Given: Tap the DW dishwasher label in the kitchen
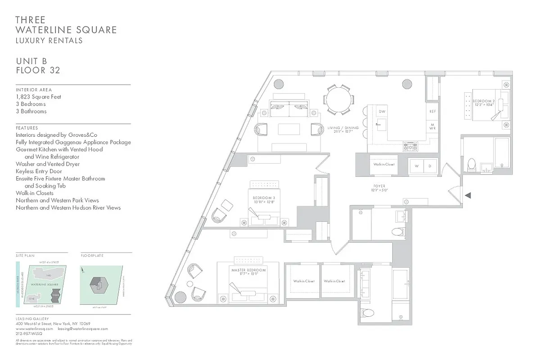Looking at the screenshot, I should click(x=382, y=111).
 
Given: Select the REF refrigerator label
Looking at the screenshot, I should click(x=432, y=111).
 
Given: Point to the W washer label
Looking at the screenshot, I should click(x=417, y=166).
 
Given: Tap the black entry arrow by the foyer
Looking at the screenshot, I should click(x=468, y=195).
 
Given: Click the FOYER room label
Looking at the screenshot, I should click(x=379, y=186).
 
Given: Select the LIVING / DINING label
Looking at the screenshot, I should click(x=343, y=128).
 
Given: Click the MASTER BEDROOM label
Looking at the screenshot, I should click(x=248, y=270).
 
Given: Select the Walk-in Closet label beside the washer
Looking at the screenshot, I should click(x=384, y=164).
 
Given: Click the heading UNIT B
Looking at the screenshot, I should click(x=32, y=61).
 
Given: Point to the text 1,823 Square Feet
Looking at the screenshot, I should click(x=38, y=97).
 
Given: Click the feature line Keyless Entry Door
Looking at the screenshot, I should click(x=39, y=171).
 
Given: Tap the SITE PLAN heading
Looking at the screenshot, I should click(x=25, y=256).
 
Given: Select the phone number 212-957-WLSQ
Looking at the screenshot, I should click(x=29, y=334).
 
